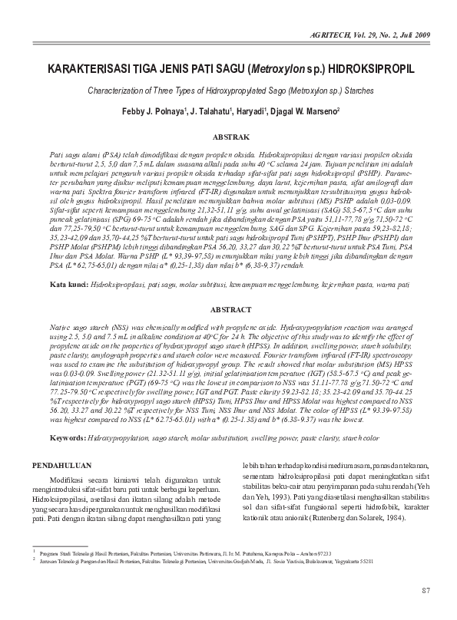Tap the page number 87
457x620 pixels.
426,589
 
